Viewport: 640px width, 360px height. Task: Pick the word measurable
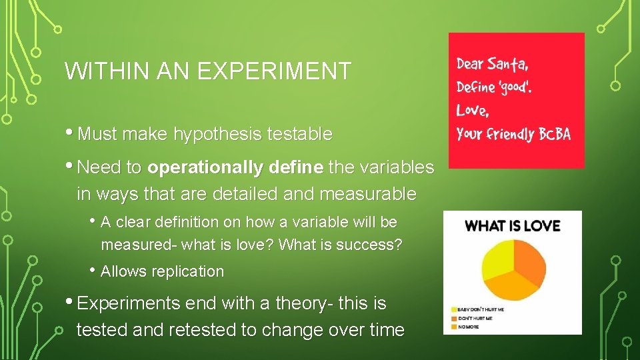tap(368, 194)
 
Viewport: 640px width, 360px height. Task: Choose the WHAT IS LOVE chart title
tap(512, 225)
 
